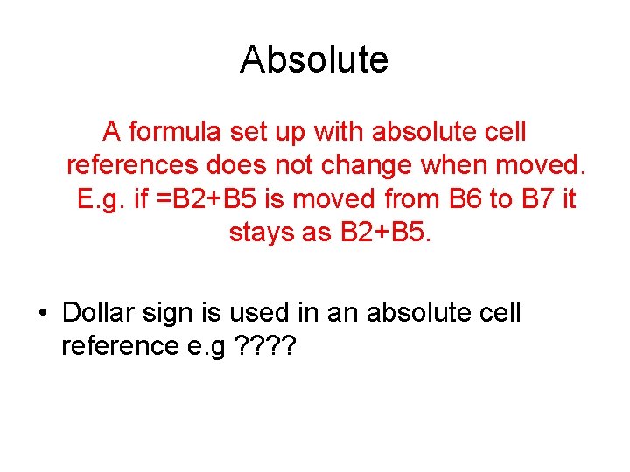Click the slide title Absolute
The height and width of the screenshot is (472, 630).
tap(314, 59)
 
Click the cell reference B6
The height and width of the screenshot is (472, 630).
tap(468, 199)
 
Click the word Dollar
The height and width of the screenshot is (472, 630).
tap(98, 313)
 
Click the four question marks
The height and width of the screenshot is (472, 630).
tap(267, 346)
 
